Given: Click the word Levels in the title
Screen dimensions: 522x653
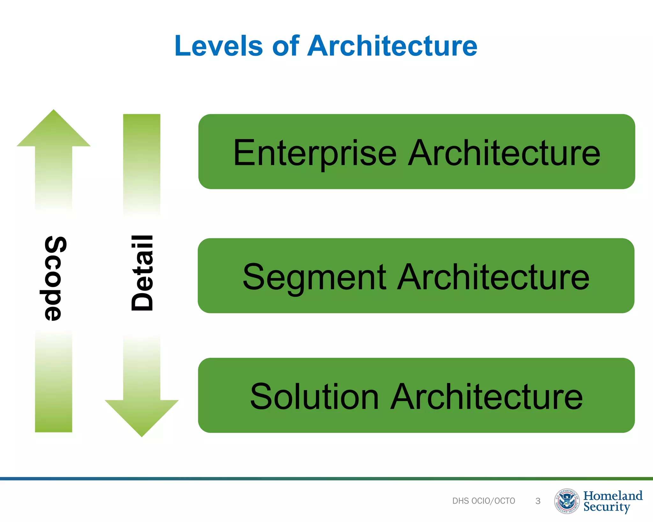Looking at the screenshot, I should click(218, 46).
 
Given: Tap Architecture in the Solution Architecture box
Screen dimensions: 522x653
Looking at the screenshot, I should click(487, 397).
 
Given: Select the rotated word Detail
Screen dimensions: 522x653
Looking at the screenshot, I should click(142, 273).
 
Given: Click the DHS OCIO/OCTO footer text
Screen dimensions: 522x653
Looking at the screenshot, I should click(483, 501).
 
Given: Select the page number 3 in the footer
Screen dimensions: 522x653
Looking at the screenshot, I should click(538, 501).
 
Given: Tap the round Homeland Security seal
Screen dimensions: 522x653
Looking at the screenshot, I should click(567, 501).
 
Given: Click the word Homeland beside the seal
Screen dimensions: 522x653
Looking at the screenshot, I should click(613, 496).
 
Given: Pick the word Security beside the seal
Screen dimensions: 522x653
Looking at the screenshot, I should click(606, 507).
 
